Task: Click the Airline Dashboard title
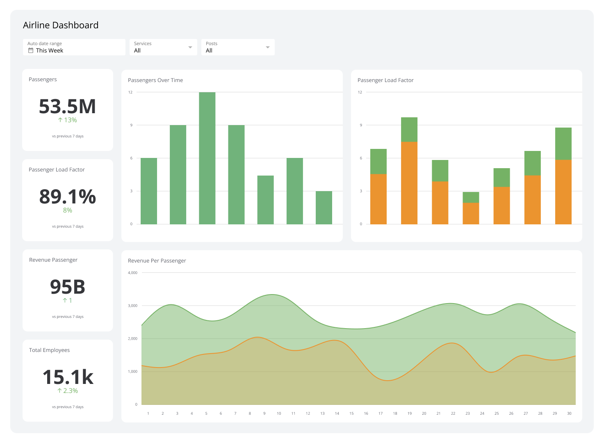pos(61,25)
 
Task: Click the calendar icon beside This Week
pos(31,50)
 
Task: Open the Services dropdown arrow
pos(190,47)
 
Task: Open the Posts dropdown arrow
pos(268,47)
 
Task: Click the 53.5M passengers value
pos(67,107)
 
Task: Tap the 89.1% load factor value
pos(67,197)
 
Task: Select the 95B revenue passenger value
pos(67,287)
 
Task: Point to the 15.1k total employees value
pos(68,377)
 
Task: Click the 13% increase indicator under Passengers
pos(67,120)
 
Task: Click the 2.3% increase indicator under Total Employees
pos(67,391)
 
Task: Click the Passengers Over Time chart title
pos(155,80)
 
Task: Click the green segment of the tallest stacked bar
pos(409,130)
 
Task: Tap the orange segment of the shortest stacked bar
pos(471,213)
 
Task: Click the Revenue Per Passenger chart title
pos(157,261)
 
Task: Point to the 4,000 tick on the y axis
pos(132,273)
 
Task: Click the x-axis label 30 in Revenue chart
pos(569,413)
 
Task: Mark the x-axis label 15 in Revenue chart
pos(351,413)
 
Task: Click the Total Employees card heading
pos(49,350)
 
